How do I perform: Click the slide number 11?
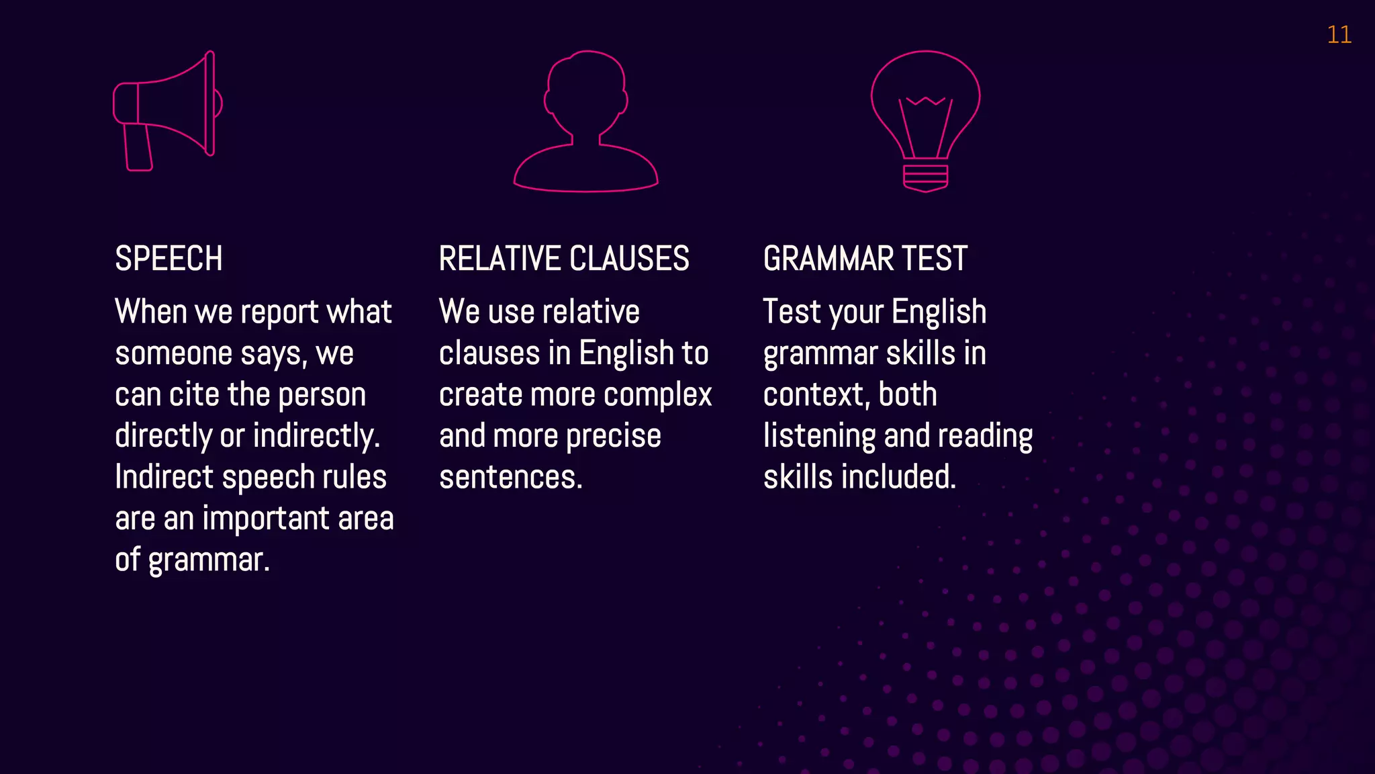pyautogui.click(x=1339, y=35)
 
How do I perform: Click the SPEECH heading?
pyautogui.click(x=169, y=259)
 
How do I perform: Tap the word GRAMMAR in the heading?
pyautogui.click(x=828, y=259)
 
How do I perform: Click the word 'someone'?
pyautogui.click(x=173, y=353)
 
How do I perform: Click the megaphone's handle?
pyautogui.click(x=138, y=148)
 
